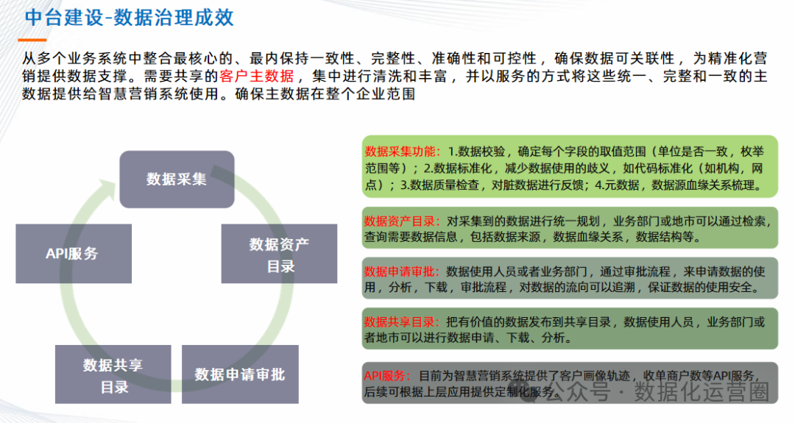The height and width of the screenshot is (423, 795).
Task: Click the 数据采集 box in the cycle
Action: point(177,179)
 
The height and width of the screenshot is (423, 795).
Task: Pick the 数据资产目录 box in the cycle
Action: point(279,254)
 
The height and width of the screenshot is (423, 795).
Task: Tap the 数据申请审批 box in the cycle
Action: point(239,374)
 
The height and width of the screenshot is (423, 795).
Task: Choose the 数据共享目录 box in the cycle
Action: point(113,374)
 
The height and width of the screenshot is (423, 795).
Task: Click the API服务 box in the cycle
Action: point(73,254)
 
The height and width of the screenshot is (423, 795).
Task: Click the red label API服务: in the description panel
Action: point(389,375)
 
